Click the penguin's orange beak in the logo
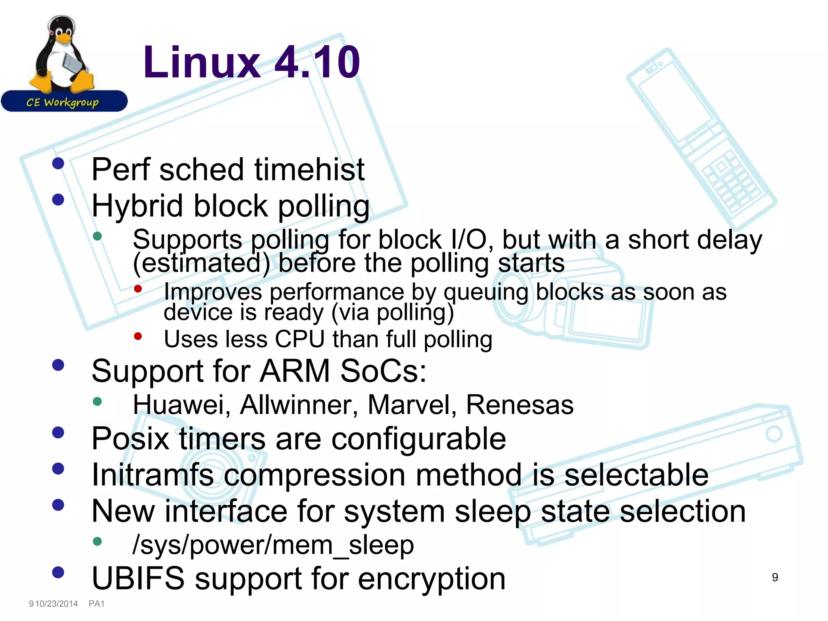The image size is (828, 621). [x=63, y=38]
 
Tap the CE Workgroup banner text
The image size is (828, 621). [x=63, y=102]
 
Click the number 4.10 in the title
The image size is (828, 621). [x=317, y=62]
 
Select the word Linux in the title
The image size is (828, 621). [x=202, y=62]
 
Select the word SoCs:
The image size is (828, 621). [x=383, y=371]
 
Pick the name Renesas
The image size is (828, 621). [x=520, y=405]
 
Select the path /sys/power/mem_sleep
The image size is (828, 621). [x=273, y=545]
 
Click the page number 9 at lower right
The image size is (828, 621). [x=775, y=577]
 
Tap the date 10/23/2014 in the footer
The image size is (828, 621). [x=57, y=604]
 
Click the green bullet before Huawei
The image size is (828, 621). [x=97, y=401]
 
